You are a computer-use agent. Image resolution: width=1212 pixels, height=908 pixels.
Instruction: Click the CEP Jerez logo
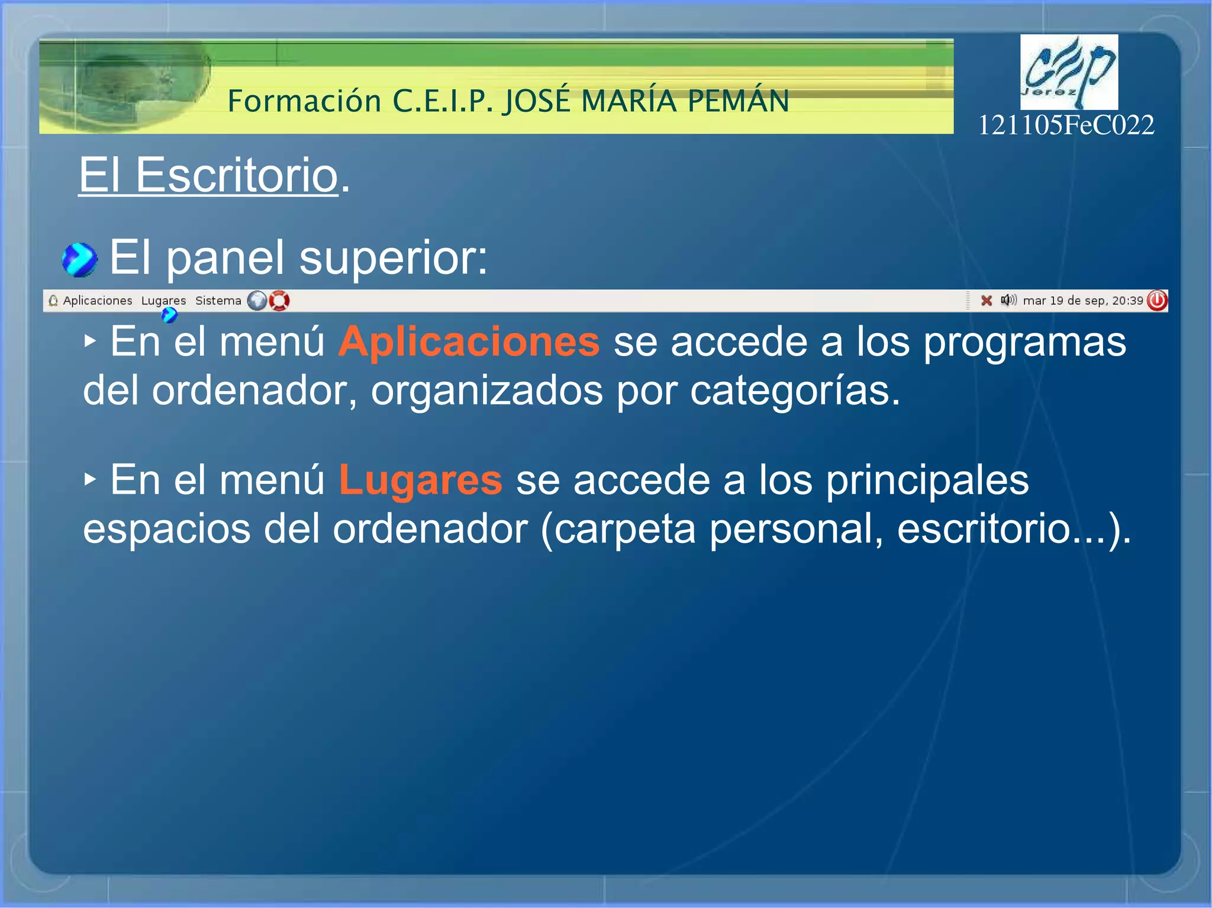pyautogui.click(x=1069, y=72)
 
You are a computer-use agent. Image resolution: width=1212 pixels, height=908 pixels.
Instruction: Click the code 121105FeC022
pyautogui.click(x=1066, y=125)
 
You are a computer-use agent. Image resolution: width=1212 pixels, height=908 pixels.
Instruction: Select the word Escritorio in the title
pyautogui.click(x=237, y=175)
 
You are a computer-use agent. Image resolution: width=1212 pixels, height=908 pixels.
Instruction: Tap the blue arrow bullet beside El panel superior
pyautogui.click(x=79, y=260)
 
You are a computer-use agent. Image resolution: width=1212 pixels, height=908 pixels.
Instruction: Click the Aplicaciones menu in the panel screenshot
pyautogui.click(x=97, y=300)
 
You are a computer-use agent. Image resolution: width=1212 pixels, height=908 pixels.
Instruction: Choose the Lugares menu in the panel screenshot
pyautogui.click(x=163, y=300)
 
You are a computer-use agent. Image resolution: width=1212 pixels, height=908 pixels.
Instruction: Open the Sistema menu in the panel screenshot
pyautogui.click(x=218, y=300)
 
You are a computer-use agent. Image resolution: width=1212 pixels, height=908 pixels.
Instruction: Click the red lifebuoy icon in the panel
pyautogui.click(x=279, y=300)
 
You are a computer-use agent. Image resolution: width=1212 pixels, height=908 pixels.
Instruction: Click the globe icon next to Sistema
pyautogui.click(x=257, y=300)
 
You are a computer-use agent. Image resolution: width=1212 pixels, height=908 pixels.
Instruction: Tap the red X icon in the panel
pyautogui.click(x=986, y=300)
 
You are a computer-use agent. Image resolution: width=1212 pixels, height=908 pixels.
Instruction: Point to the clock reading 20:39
pyautogui.click(x=1127, y=300)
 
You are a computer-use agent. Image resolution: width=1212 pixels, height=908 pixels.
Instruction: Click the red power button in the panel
pyautogui.click(x=1157, y=300)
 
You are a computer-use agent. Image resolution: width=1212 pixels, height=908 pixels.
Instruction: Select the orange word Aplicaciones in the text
pyautogui.click(x=469, y=342)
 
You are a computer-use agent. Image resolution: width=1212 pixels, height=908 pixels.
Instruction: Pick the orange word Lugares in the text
pyautogui.click(x=420, y=480)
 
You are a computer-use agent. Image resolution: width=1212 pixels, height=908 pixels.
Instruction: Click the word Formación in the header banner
pyautogui.click(x=304, y=101)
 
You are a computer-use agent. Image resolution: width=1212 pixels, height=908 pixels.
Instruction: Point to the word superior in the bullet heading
pyautogui.click(x=393, y=258)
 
